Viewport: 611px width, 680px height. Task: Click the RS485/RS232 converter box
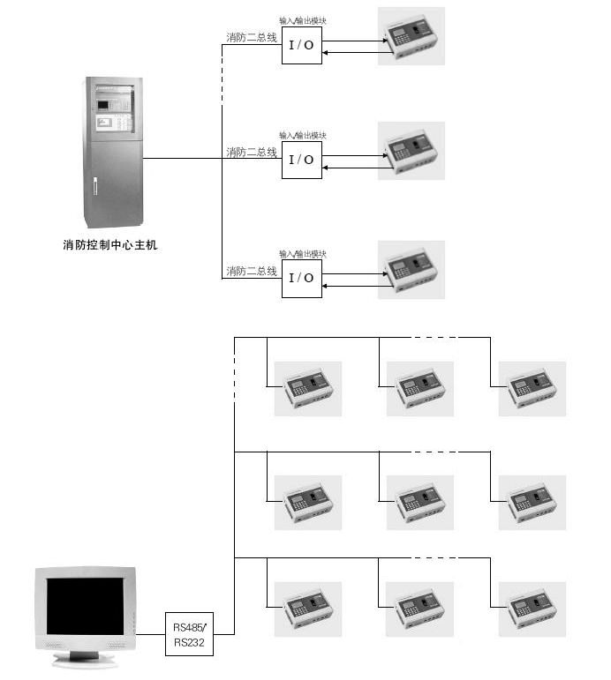pos(190,634)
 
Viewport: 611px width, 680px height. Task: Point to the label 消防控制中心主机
pos(103,245)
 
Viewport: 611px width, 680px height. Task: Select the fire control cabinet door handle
pos(95,186)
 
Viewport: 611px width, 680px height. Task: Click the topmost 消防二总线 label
pos(252,38)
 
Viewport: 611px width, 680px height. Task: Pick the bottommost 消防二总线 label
pos(252,271)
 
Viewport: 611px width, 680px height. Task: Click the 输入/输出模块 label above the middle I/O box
pos(303,136)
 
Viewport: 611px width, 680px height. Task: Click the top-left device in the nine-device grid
pos(307,388)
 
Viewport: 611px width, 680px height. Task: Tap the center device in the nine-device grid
pos(419,503)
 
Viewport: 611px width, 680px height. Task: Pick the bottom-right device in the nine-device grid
pos(532,609)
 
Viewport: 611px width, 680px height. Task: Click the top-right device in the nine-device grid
pos(532,388)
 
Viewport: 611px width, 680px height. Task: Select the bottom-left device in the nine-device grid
pos(307,609)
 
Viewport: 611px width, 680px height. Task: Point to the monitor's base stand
pos(85,656)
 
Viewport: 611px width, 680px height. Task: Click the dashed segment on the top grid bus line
pos(435,337)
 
